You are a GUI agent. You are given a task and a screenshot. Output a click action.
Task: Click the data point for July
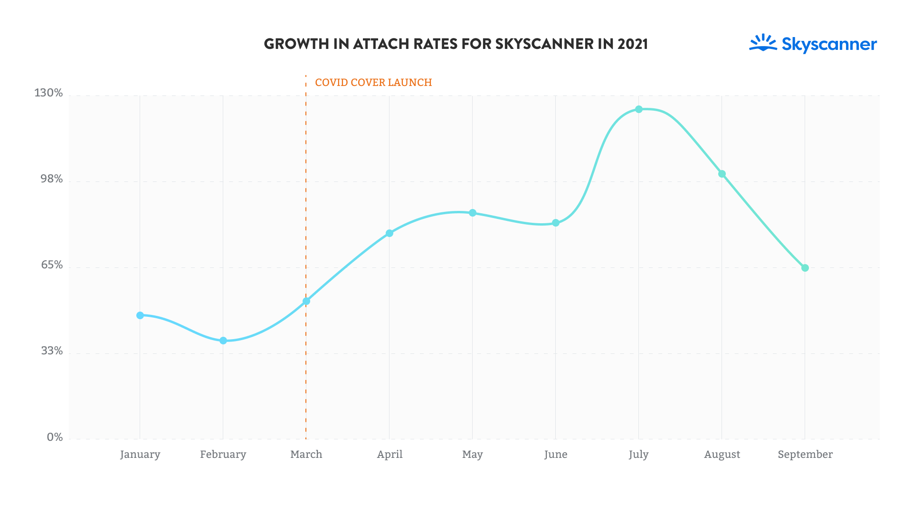639,109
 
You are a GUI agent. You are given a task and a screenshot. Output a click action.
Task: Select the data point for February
223,341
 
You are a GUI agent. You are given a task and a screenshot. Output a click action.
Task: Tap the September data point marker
805,268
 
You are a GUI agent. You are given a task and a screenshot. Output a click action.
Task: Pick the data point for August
722,174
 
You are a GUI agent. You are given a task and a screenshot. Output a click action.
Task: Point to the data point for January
140,315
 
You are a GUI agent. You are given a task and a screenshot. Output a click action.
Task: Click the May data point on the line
473,213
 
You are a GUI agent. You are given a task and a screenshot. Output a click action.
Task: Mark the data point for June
556,223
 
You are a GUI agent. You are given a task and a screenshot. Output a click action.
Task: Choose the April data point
389,233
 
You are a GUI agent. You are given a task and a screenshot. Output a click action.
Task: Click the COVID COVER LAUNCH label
373,83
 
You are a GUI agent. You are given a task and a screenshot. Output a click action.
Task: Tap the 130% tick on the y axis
48,93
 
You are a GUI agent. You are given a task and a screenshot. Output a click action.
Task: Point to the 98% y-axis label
51,179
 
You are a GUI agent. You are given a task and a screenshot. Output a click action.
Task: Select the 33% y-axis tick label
52,351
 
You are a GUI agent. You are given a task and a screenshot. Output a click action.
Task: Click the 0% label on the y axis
55,437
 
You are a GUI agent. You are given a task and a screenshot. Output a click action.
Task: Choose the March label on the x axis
306,455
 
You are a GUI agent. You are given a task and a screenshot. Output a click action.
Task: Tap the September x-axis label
805,455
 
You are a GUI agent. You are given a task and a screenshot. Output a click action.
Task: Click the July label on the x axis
638,455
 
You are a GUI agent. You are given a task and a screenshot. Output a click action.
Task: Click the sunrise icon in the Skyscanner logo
763,42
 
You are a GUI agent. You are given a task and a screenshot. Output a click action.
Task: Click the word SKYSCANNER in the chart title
544,44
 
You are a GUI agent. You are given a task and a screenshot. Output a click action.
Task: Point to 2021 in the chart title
633,44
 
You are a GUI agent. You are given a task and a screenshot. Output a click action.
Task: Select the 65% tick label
52,265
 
